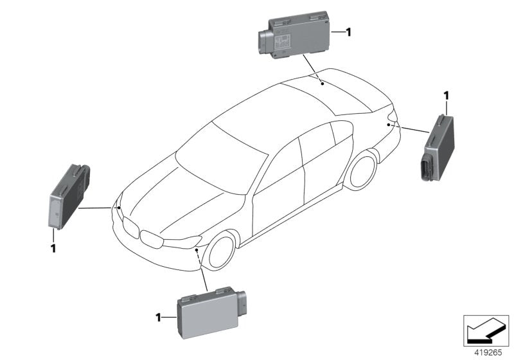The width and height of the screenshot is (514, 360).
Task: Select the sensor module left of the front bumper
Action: point(69,195)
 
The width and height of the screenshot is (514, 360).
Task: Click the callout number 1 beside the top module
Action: point(348,31)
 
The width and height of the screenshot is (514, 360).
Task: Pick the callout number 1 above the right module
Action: point(445,96)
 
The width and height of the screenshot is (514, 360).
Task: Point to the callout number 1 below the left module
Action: point(54,248)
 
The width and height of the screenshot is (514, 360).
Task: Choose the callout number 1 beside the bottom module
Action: point(159,317)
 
